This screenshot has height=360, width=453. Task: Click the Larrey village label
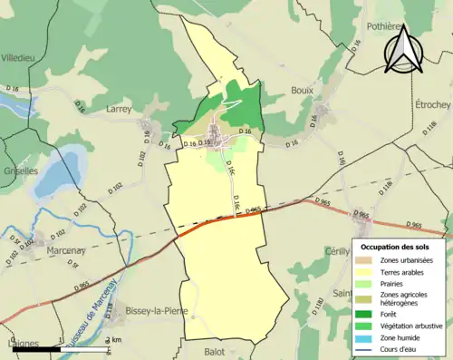[119, 107]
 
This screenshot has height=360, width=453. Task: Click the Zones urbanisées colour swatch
[365, 260]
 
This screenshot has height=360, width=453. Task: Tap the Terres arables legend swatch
[365, 271]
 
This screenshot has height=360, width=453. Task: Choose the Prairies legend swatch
[365, 284]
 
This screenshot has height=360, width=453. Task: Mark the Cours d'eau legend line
[365, 348]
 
